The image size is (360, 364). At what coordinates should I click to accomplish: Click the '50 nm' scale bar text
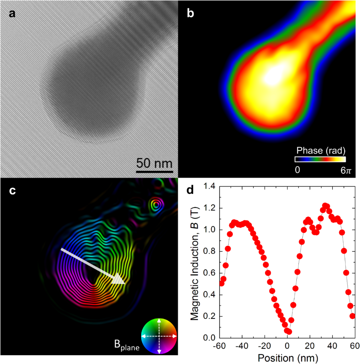[155, 164]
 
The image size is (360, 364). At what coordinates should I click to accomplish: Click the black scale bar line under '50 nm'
[154, 171]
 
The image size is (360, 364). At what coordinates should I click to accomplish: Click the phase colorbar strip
[320, 159]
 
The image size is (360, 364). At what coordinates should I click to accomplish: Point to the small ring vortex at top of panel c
[156, 205]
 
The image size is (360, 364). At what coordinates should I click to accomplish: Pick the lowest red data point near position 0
[289, 332]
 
